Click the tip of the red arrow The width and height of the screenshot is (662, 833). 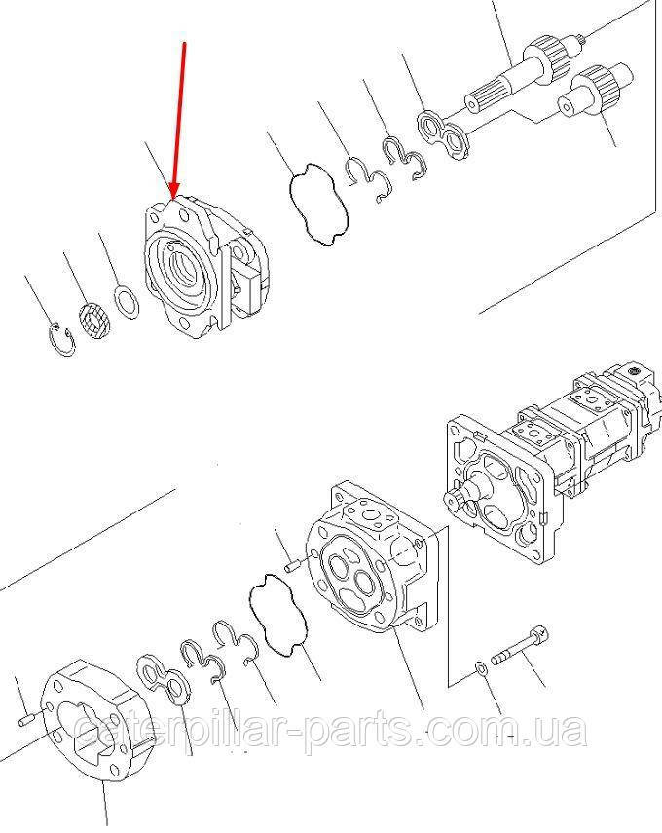tap(173, 198)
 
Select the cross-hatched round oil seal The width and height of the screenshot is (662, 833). tap(95, 320)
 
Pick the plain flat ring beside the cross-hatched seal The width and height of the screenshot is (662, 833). tap(128, 301)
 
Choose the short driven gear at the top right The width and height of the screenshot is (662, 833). tap(596, 92)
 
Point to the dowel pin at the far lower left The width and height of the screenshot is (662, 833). tap(27, 720)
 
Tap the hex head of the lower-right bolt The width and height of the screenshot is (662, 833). tap(537, 634)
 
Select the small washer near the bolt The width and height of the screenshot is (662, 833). tap(481, 667)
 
